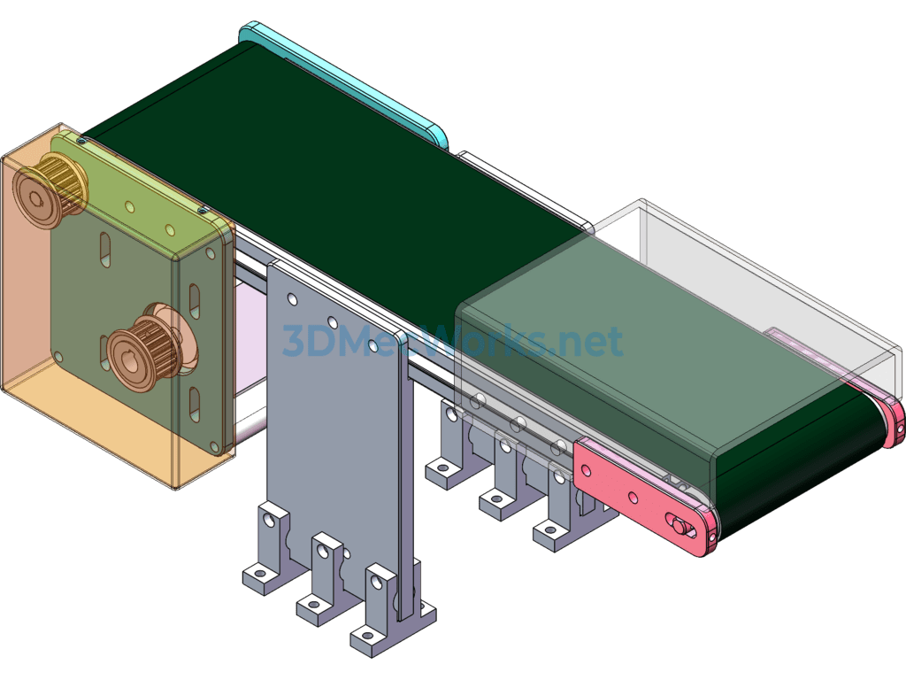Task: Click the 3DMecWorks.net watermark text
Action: click(x=452, y=341)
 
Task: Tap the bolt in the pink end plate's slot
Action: click(x=679, y=525)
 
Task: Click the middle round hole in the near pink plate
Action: click(x=633, y=498)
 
